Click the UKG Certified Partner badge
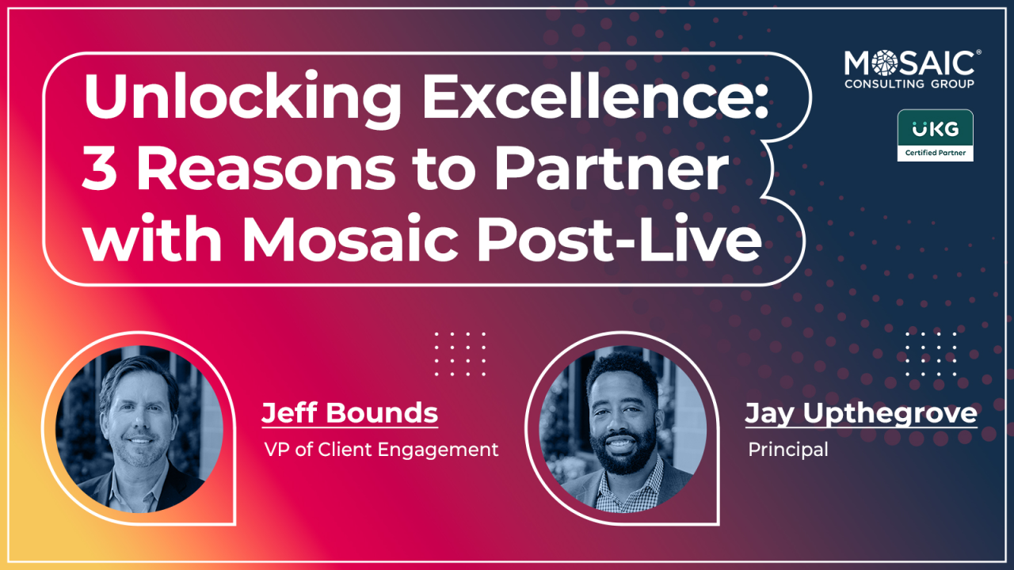936,135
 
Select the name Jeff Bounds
350,412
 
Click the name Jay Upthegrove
861,414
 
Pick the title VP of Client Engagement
381,450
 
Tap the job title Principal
788,450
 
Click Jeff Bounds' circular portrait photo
139,429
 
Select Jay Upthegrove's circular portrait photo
623,429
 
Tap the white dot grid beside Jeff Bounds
460,354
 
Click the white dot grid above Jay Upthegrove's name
931,354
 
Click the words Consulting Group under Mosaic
909,84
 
